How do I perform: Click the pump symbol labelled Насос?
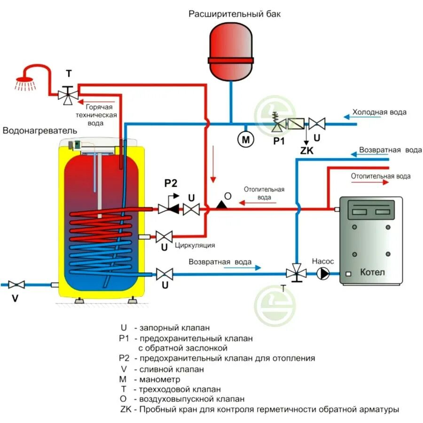click(323, 273)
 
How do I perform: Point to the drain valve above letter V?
click(16, 284)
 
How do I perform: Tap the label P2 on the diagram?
click(170, 183)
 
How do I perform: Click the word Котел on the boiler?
click(372, 272)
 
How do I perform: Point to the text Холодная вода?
click(379, 112)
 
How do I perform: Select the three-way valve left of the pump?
click(296, 273)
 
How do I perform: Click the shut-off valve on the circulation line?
click(164, 236)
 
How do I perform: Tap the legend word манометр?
click(157, 379)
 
